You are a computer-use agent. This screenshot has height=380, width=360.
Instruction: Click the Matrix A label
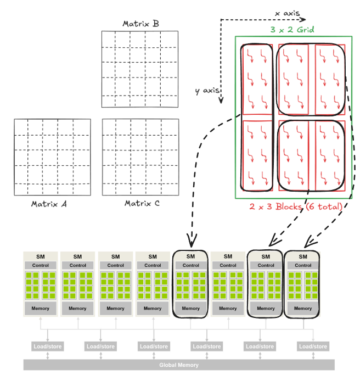(49, 204)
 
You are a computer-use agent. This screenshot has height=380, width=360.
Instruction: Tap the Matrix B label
(140, 24)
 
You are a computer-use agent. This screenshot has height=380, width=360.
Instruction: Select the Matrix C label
(142, 204)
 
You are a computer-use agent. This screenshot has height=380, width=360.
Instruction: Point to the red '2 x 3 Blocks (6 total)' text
(296, 206)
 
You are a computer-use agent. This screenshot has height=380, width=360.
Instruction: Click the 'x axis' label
(288, 11)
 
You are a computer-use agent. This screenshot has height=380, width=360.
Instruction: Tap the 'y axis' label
(207, 91)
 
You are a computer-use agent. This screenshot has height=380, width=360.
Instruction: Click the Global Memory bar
(179, 365)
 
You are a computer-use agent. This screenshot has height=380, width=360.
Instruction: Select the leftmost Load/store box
(48, 347)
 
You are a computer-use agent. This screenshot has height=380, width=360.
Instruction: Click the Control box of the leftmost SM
(40, 265)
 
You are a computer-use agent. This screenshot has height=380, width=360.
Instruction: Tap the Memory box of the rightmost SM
(303, 309)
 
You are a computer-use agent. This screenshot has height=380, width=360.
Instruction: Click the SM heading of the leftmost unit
(40, 256)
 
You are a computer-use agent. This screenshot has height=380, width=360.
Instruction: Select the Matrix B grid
(140, 69)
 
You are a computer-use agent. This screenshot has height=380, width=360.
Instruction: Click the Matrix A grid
(52, 157)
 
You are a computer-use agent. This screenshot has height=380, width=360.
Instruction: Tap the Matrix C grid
(140, 158)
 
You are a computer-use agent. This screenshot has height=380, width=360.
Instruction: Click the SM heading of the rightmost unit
(303, 256)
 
